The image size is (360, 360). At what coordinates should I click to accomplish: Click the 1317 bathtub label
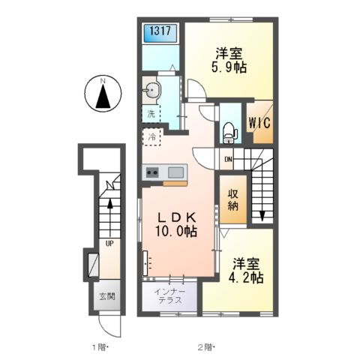click(x=160, y=31)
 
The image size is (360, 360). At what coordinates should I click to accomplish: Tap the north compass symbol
click(x=103, y=93)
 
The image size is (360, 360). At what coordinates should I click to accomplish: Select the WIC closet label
click(x=259, y=123)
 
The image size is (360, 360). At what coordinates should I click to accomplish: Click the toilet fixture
click(x=229, y=133)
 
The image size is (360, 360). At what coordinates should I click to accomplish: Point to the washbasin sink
click(x=151, y=90)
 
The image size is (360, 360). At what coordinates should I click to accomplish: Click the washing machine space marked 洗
click(x=151, y=114)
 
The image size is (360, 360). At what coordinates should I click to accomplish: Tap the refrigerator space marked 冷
click(x=151, y=137)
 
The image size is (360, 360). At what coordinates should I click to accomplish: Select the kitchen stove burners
click(x=152, y=172)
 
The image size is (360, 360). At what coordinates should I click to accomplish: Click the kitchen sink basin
click(x=175, y=172)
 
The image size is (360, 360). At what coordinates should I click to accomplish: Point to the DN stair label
click(x=228, y=159)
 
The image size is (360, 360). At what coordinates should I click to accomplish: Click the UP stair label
click(x=109, y=243)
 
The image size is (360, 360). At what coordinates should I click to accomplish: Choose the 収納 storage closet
click(x=233, y=199)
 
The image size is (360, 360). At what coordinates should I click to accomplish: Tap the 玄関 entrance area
click(x=107, y=296)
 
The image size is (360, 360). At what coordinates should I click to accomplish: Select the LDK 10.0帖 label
click(x=176, y=224)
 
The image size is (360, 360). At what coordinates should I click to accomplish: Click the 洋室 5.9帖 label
click(x=229, y=60)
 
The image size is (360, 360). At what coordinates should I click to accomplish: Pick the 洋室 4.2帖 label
click(x=245, y=270)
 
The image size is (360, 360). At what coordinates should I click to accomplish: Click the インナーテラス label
click(x=170, y=295)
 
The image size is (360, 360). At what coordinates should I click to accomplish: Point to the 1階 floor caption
click(x=100, y=347)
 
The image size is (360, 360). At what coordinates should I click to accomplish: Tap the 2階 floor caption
click(x=206, y=347)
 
